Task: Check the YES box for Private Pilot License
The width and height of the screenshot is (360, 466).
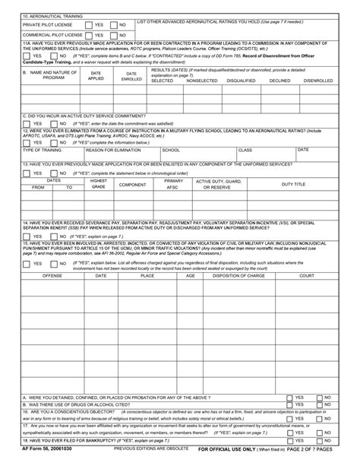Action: (x=89, y=24)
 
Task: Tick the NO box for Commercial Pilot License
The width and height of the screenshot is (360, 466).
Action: (x=114, y=35)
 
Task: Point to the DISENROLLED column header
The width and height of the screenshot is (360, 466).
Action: (x=317, y=80)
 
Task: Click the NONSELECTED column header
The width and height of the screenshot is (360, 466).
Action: (x=201, y=80)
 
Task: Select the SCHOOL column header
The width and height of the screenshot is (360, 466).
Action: (x=171, y=150)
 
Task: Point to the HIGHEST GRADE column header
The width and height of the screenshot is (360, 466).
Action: (x=98, y=184)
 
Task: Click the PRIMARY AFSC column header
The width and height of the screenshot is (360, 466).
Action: (x=173, y=184)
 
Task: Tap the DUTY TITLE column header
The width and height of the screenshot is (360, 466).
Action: (x=293, y=184)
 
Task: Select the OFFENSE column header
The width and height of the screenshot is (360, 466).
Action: (x=52, y=275)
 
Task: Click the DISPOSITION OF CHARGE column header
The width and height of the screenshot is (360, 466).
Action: (x=238, y=275)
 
